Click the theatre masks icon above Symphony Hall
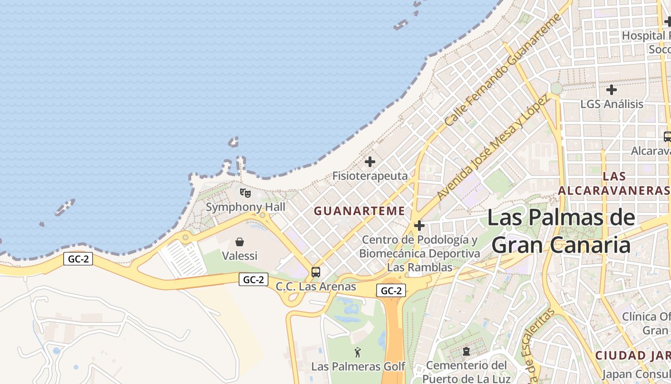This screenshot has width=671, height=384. pos(245,193)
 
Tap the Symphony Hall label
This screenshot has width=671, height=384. pos(245,207)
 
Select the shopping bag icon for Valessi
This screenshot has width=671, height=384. pos(240,242)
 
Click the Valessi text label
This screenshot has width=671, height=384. pos(240,256)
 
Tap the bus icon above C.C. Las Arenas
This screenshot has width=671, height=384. pos(316,272)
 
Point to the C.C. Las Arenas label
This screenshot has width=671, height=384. pos(316,287)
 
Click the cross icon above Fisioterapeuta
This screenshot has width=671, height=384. pos(370,162)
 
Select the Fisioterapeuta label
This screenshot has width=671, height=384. pos(370,176)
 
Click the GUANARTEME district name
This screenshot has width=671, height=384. pos(359,211)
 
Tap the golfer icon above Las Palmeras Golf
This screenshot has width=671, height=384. pos(358,353)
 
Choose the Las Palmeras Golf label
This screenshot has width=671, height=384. pos(358,367)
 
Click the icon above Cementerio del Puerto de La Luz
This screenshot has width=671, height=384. pos(466,351)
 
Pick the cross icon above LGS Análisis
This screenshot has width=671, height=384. pos(612,90)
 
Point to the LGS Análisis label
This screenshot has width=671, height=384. pos(612,104)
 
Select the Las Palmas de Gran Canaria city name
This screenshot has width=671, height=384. pos(561,231)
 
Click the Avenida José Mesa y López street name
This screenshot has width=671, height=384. pos(492,148)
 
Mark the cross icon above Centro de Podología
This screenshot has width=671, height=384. pos(419,225)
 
